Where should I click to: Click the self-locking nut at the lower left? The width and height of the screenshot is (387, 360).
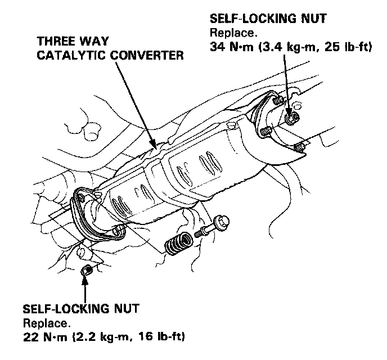tap(86, 271)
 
